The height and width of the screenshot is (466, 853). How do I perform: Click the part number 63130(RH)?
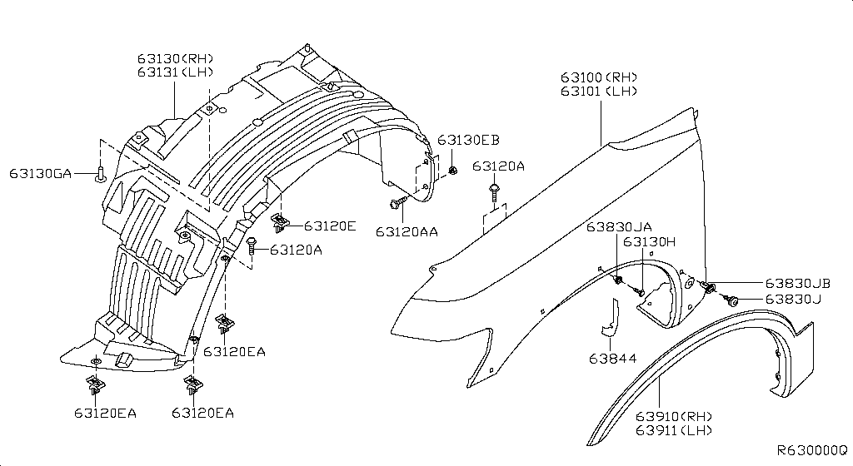click(x=175, y=58)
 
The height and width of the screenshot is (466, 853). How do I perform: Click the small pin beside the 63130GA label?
click(x=99, y=174)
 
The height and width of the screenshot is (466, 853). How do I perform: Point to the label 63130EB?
click(x=468, y=139)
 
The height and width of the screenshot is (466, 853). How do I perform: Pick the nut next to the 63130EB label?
click(x=452, y=171)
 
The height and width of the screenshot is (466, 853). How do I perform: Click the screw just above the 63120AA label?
click(x=395, y=201)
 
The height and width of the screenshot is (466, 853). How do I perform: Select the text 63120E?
click(x=330, y=226)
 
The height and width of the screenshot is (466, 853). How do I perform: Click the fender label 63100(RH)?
click(x=598, y=77)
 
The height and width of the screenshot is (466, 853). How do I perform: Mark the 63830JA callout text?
click(x=618, y=226)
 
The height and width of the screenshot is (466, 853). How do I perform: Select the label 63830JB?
click(x=798, y=284)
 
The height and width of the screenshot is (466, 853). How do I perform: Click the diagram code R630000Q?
click(x=811, y=449)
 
